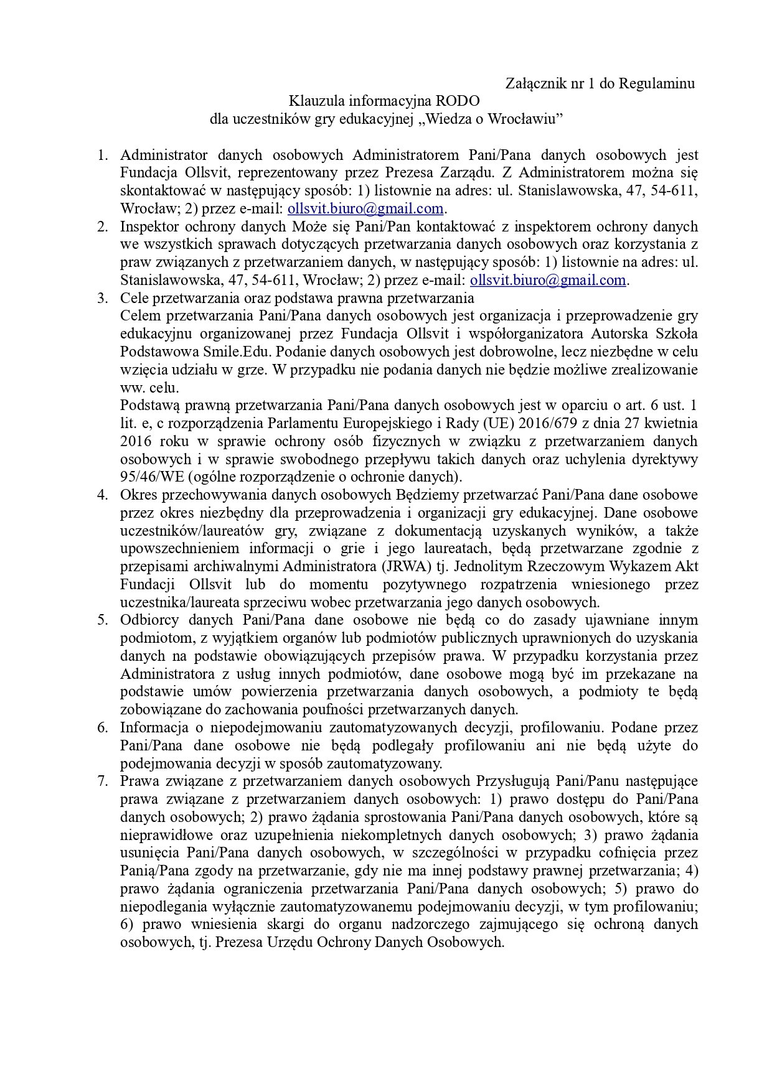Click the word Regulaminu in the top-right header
click(656, 83)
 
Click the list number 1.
click(103, 154)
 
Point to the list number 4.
click(103, 495)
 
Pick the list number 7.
click(103, 781)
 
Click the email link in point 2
click(548, 280)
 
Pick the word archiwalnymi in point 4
click(225, 567)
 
